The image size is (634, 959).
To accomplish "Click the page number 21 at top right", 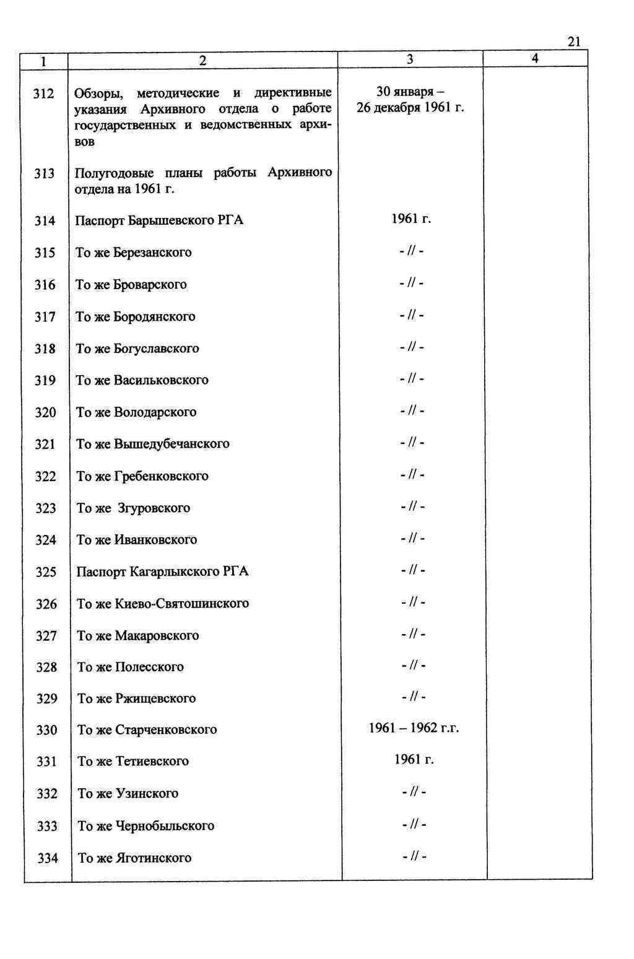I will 573,42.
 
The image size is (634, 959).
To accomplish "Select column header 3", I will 410,59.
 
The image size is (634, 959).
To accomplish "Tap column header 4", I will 535,58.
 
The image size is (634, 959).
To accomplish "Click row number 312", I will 44,94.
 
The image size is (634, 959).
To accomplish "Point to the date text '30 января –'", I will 410,92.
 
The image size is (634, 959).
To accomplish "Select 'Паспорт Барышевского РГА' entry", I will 159,221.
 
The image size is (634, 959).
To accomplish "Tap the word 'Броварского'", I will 150,285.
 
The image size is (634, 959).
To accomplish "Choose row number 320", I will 45,412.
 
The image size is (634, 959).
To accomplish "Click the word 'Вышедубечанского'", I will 172,444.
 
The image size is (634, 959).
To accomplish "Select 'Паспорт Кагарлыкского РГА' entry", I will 162,571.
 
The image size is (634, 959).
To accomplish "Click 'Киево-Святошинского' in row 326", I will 182,604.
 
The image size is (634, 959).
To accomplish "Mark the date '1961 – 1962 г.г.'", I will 414,729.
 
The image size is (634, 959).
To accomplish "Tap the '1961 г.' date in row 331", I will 414,760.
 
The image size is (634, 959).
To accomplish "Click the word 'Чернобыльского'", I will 165,826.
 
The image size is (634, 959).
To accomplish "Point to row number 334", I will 48,859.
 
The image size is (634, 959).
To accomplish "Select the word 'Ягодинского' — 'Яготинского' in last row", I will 154,858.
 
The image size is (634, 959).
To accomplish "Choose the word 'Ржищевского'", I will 155,699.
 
